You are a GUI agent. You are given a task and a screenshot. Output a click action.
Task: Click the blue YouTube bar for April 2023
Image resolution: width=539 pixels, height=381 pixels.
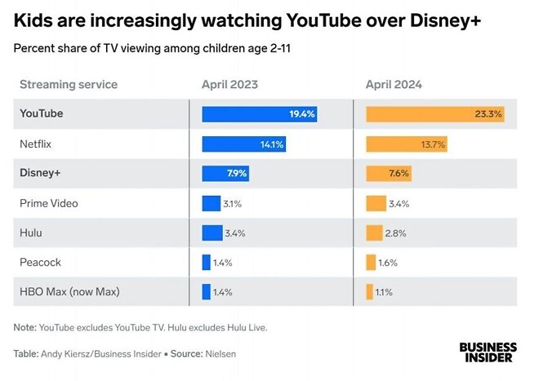[259, 114]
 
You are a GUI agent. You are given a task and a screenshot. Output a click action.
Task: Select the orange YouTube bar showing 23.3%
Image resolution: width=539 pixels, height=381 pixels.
[434, 114]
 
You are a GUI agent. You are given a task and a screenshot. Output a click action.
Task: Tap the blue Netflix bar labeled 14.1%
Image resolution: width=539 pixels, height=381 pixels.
[243, 144]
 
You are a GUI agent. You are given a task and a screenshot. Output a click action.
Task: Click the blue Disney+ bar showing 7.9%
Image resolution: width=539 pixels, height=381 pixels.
[225, 174]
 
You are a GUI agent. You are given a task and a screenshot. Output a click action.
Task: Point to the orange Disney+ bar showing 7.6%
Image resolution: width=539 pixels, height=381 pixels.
[389, 174]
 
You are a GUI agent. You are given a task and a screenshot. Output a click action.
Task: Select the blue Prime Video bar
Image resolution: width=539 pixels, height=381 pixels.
[211, 203]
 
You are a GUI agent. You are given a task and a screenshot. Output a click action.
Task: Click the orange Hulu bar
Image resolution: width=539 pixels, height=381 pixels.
[374, 233]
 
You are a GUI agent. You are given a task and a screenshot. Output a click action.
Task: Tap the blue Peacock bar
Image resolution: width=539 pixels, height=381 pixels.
[206, 262]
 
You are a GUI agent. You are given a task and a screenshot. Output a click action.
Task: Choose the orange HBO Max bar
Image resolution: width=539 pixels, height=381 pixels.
[369, 291]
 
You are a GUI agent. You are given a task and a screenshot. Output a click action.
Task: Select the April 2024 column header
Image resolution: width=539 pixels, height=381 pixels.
[394, 84]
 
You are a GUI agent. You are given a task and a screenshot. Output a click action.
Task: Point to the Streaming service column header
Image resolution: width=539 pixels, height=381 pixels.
[69, 84]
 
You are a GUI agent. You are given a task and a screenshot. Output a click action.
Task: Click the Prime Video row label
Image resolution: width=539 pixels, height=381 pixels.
[49, 203]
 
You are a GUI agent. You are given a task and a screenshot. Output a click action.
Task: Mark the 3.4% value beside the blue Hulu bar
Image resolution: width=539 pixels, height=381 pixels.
[235, 233]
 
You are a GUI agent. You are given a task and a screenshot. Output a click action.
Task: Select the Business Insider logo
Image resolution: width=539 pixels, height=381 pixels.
[488, 352]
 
